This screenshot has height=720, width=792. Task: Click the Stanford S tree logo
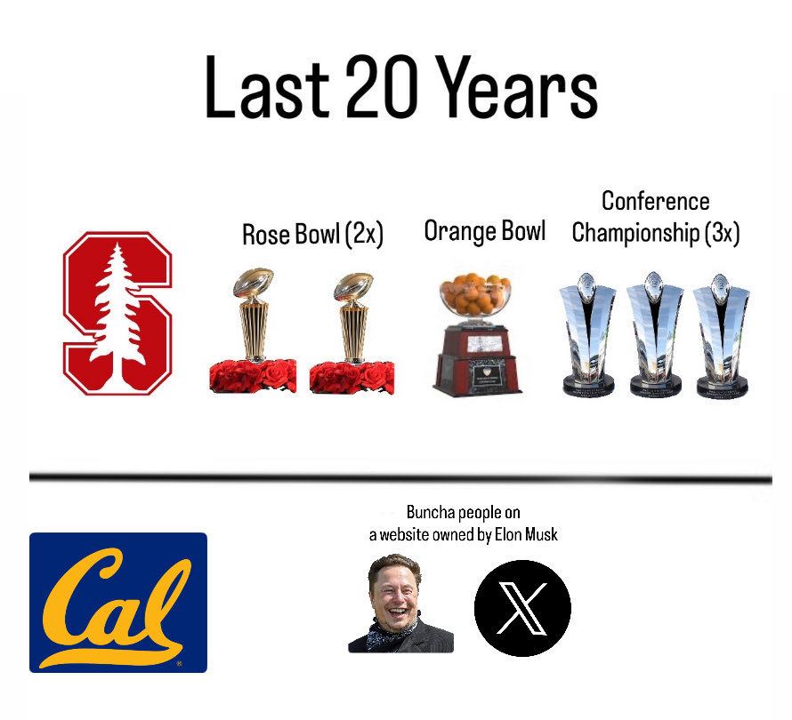[117, 313]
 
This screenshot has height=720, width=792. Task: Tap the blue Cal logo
[118, 602]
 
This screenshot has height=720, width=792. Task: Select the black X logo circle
[522, 608]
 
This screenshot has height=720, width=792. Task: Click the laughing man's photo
[400, 604]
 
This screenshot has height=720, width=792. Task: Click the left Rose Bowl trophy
[253, 333]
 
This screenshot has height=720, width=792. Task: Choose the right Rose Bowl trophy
[352, 333]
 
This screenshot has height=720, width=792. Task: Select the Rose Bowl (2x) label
[312, 235]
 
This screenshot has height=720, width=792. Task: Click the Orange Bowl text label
[485, 231]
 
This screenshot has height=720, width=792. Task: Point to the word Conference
[655, 201]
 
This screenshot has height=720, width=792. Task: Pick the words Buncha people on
[463, 513]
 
